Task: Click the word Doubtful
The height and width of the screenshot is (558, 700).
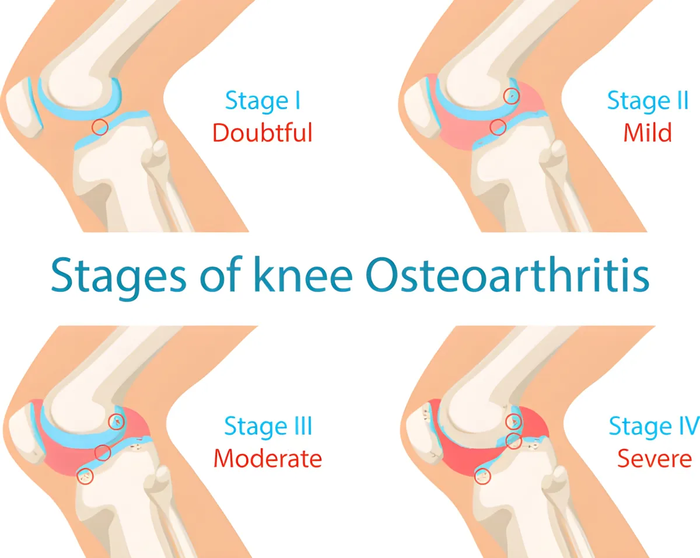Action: click(x=262, y=132)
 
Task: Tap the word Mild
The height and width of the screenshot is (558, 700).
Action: click(x=647, y=132)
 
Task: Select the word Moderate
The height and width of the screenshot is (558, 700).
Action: click(x=268, y=458)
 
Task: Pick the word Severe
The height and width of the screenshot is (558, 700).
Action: click(x=654, y=458)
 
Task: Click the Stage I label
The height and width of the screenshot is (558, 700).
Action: click(x=262, y=100)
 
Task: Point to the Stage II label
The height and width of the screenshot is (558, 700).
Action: click(x=648, y=100)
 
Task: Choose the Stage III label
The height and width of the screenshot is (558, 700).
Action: click(x=268, y=426)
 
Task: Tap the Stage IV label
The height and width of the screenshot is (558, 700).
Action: click(x=654, y=426)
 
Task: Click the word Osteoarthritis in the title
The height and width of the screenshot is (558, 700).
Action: click(x=508, y=274)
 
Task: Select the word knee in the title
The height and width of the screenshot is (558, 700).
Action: click(x=303, y=274)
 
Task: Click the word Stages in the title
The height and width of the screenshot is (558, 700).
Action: click(x=119, y=278)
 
